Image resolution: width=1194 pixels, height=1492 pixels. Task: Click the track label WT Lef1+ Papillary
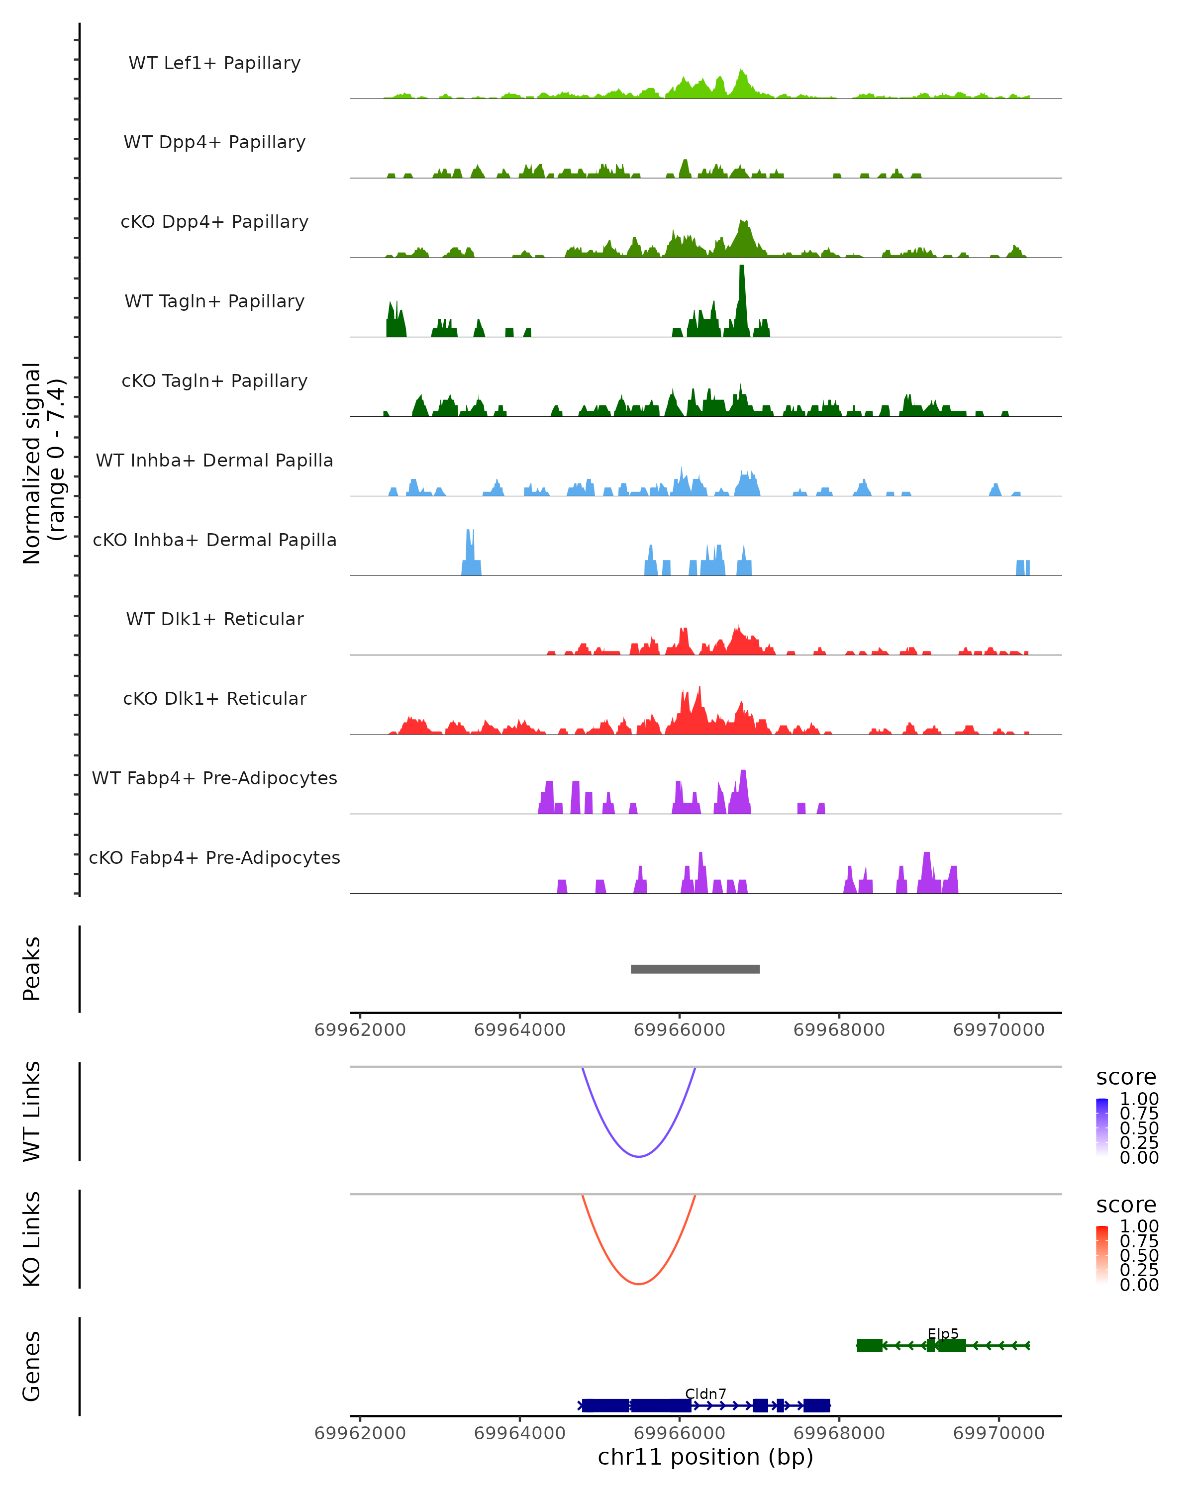tap(214, 63)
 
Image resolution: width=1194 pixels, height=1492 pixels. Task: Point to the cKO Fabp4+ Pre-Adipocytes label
tap(214, 857)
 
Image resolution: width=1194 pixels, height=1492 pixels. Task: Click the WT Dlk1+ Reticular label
tap(214, 619)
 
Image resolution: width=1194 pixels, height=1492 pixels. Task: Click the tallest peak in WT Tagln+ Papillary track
tap(741, 270)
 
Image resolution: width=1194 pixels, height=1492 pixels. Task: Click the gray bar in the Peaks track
tap(695, 969)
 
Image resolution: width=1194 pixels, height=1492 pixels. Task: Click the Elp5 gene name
tap(943, 1334)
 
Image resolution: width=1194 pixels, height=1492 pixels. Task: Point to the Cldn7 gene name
tap(705, 1394)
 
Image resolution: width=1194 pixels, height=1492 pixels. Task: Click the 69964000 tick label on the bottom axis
tap(520, 1433)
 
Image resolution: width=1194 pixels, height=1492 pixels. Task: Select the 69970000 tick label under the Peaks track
tap(998, 1030)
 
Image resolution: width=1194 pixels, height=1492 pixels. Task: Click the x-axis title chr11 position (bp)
tap(705, 1457)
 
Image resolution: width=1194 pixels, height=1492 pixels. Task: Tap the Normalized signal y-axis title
tap(43, 463)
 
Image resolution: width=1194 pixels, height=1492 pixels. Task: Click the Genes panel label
tap(32, 1366)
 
